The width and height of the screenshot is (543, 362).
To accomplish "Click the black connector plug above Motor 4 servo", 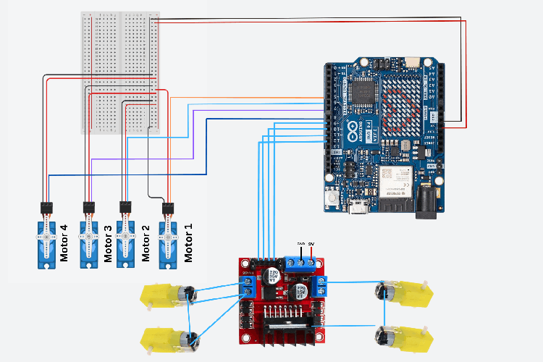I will click(47, 207).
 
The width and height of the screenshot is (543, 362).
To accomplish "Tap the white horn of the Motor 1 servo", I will click(168, 237).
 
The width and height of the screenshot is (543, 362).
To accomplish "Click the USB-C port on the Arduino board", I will click(358, 209).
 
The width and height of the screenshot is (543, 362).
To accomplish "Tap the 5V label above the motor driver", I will click(311, 244).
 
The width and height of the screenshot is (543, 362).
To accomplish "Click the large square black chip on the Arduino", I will click(360, 91).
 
